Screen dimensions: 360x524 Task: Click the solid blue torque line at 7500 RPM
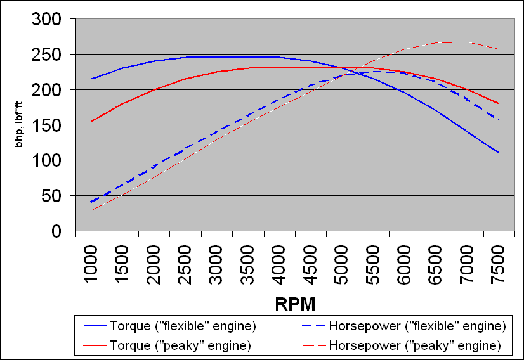tap(499, 153)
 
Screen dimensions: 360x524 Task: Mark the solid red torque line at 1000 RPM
tap(92, 122)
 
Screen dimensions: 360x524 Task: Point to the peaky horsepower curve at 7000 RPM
tap(468, 42)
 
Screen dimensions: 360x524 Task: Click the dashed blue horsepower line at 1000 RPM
tap(92, 202)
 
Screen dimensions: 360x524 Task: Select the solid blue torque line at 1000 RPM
tap(92, 79)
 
